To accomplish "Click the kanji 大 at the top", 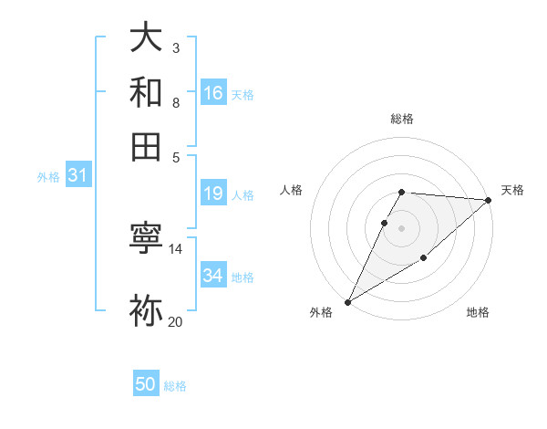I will (147, 39).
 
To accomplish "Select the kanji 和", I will (147, 92).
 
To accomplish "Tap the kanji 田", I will (147, 145).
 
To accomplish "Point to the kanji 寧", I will (147, 238).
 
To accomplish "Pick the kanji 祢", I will (147, 310).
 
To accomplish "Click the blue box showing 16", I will (213, 93).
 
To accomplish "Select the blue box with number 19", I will (213, 194).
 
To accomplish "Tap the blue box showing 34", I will (213, 275).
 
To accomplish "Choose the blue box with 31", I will (77, 175).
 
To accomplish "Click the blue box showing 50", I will (146, 384).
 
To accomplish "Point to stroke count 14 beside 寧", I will (175, 249).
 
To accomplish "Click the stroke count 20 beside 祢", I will (175, 321).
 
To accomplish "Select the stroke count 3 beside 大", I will (175, 47).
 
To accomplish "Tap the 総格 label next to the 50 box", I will (175, 386).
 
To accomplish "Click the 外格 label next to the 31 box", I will (47, 177).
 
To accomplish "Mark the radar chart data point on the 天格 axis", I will (489, 201).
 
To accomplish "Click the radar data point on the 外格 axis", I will (347, 301).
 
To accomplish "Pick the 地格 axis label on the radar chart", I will (478, 313).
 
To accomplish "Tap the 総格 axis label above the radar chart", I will (401, 119).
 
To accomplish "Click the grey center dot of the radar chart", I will (401, 227).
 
